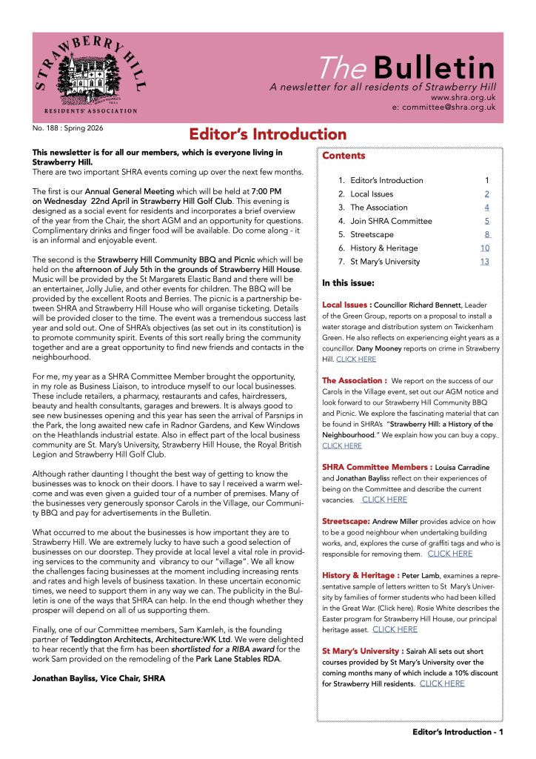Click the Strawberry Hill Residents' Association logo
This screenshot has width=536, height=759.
point(86,78)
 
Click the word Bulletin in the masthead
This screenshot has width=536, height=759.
point(434,68)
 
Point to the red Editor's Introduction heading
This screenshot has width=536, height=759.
point(267,135)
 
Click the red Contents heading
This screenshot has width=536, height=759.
point(344,156)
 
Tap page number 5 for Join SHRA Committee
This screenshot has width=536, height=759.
point(486,221)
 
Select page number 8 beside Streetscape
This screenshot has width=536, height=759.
point(486,234)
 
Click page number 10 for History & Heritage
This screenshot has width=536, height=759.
point(484,248)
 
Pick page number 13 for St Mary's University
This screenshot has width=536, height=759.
point(484,261)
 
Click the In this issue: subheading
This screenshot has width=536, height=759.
point(348,283)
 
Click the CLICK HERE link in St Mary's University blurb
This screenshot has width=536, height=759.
point(442,683)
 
